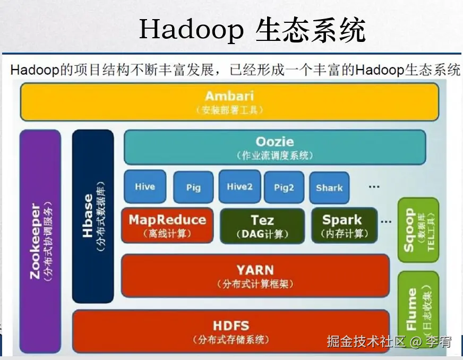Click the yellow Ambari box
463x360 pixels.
coord(229,101)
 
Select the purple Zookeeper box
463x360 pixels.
coord(40,242)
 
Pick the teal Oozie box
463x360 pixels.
coord(275,147)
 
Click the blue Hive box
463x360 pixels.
coord(144,187)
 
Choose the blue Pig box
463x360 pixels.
coord(193,187)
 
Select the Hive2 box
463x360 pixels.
coord(239,187)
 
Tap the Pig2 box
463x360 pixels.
coord(284,187)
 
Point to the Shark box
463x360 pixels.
coord(329,187)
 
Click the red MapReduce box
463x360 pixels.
coord(167,225)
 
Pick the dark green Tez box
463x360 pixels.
coord(262,225)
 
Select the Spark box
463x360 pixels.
coord(342,225)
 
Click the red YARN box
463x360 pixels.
coord(255,275)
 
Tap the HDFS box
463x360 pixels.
coord(231,331)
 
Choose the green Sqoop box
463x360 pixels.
coord(418,230)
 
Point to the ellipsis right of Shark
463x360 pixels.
coord(374,186)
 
